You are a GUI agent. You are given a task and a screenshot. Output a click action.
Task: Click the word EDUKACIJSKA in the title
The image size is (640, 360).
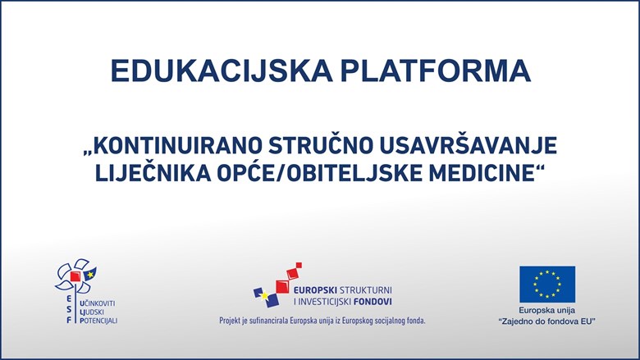click(222, 71)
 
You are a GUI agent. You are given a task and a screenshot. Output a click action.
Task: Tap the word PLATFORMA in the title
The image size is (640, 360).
click(435, 71)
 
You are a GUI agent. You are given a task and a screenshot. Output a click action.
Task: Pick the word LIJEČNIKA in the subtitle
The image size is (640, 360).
click(153, 173)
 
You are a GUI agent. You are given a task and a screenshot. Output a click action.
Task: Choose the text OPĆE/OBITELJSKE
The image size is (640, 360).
click(319, 173)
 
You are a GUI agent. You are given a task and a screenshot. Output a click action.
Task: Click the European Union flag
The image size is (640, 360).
click(547, 285)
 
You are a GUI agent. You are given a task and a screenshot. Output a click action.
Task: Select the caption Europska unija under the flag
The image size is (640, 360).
click(547, 311)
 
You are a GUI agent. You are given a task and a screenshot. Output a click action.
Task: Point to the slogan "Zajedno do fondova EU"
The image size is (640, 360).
click(547, 321)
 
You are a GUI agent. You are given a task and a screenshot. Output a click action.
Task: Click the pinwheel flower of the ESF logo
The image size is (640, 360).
click(76, 276)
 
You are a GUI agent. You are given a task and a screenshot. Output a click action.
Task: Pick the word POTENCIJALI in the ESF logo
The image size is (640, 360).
click(98, 321)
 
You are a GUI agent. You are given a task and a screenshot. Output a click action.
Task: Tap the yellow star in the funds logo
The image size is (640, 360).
click(265, 294)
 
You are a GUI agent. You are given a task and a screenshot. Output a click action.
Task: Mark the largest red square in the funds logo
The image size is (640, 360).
click(282, 287)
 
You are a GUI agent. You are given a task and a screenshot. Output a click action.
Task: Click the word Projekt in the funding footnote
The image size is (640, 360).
click(231, 321)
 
